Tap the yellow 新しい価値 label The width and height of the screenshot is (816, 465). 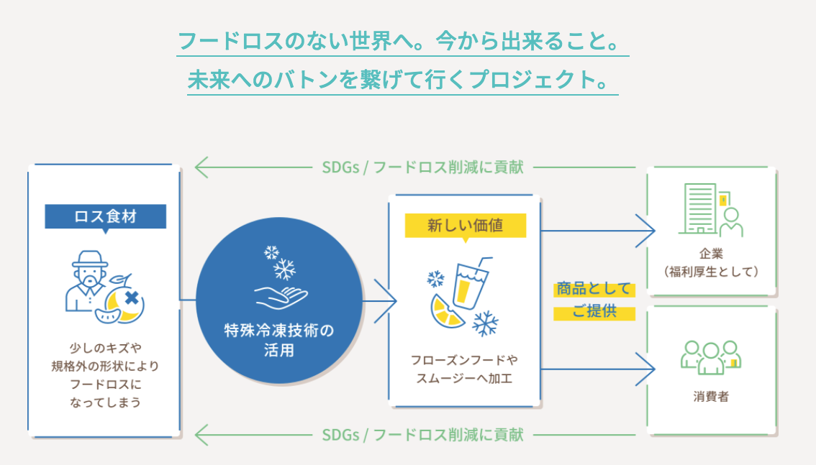465,226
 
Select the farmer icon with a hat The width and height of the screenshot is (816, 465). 87,280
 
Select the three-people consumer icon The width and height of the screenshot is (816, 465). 711,355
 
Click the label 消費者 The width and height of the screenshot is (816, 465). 711,396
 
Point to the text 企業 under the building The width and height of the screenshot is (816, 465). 711,254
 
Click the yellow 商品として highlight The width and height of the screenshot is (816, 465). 594,289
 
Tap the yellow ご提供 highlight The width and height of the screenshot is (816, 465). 594,313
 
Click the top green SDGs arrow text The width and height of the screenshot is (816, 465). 422,167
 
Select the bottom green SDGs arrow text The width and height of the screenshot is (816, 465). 422,435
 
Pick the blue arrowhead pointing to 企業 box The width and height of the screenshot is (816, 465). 648,231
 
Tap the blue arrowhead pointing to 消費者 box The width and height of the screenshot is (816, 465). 648,369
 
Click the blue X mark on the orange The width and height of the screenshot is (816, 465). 131,298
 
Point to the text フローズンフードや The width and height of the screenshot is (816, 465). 464,359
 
